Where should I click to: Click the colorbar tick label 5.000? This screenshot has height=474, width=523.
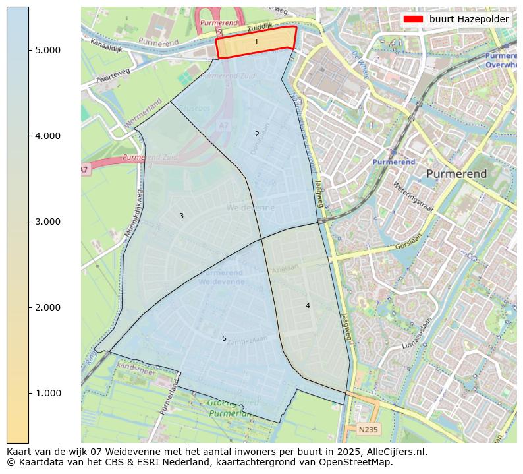pyautogui.click(x=47, y=50)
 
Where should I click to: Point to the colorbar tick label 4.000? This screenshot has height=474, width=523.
pyautogui.click(x=47, y=136)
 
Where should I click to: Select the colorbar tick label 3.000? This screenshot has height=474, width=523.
pyautogui.click(x=47, y=222)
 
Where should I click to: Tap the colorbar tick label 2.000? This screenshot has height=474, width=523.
pyautogui.click(x=47, y=307)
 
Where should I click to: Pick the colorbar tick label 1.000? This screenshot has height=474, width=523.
pyautogui.click(x=47, y=393)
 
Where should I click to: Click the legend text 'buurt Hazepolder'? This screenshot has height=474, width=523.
pyautogui.click(x=469, y=19)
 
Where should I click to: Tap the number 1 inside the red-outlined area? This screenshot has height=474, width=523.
pyautogui.click(x=256, y=42)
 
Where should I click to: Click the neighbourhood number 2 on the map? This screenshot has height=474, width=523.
pyautogui.click(x=257, y=134)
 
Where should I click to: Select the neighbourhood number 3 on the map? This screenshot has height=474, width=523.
pyautogui.click(x=181, y=216)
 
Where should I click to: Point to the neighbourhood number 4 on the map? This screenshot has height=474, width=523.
pyautogui.click(x=308, y=305)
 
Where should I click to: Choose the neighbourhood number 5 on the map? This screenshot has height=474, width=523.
pyautogui.click(x=224, y=338)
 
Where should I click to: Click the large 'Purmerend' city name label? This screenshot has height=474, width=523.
pyautogui.click(x=456, y=174)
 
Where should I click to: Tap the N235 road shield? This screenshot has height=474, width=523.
pyautogui.click(x=368, y=430)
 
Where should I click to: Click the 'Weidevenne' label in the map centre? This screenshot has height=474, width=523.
pyautogui.click(x=250, y=208)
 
